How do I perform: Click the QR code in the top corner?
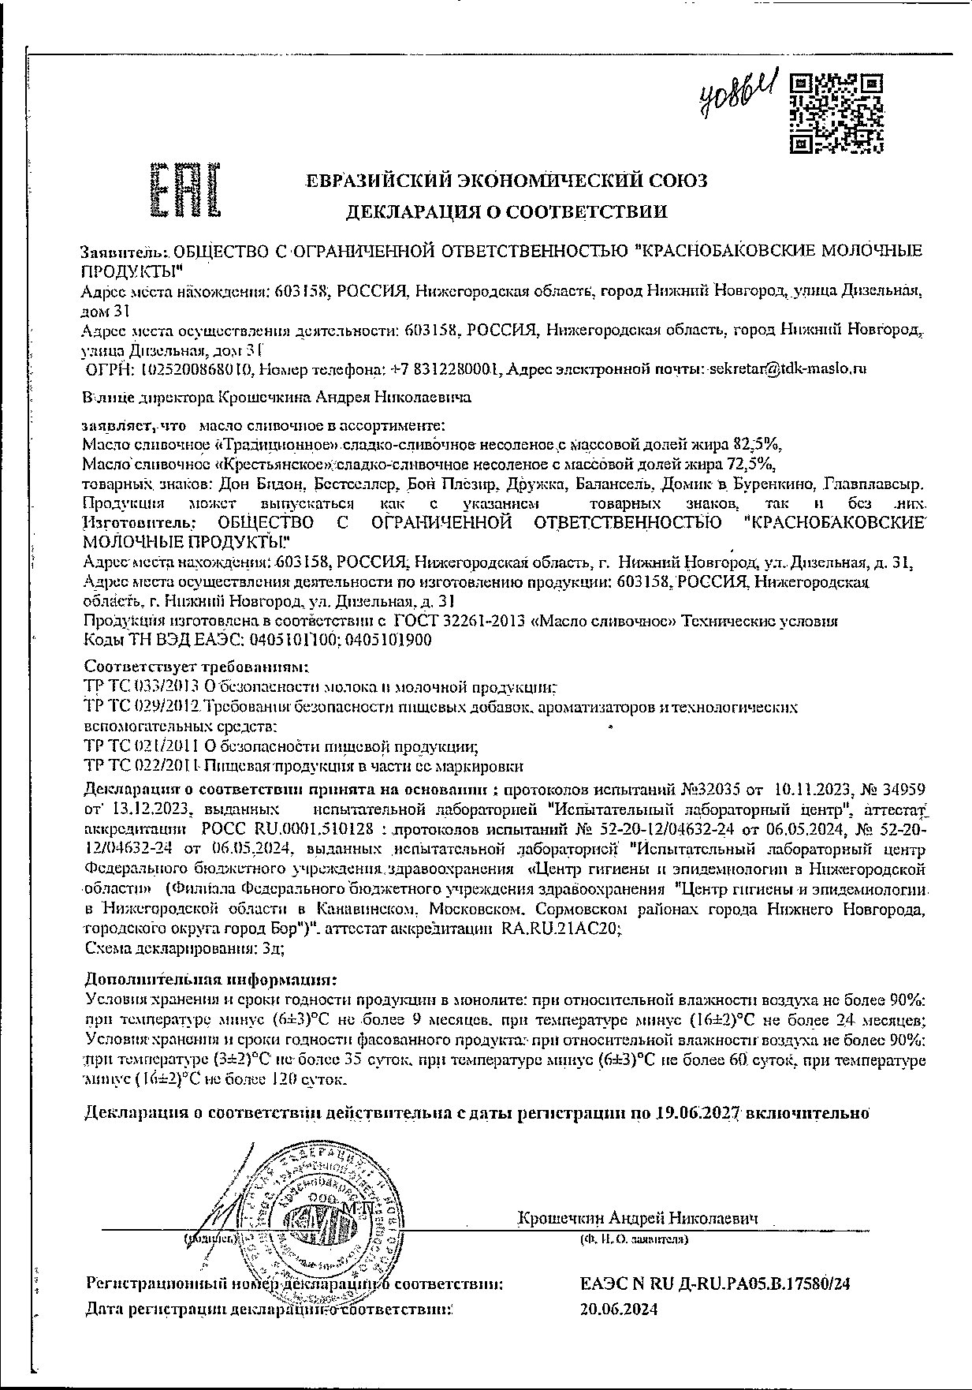pos(836,112)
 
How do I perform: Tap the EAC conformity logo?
pos(184,189)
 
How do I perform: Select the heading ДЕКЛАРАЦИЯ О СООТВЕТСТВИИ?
pos(507,211)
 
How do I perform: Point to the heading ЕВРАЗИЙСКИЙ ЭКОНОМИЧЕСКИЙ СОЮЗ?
pos(507,181)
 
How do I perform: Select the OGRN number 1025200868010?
pos(195,369)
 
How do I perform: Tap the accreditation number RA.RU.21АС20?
pos(560,929)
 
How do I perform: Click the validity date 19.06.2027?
pos(696,1113)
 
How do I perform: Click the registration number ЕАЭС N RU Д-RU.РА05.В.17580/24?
pos(715,1284)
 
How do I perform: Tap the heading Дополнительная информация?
pos(210,980)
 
